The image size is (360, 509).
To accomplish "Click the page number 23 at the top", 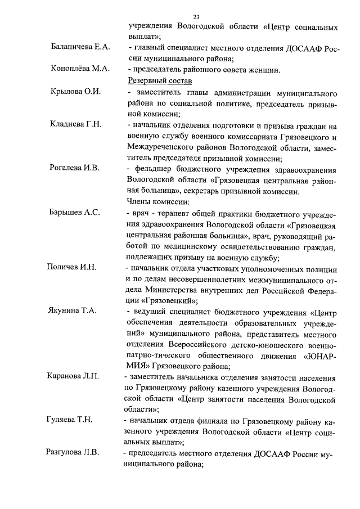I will pos(196,16).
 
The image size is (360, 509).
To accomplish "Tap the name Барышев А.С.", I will pos(74,212).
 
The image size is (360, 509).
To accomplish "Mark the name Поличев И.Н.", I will pos(71,267).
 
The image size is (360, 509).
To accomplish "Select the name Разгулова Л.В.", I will pos(73,453).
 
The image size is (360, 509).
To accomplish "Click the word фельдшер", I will pos(152,168).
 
